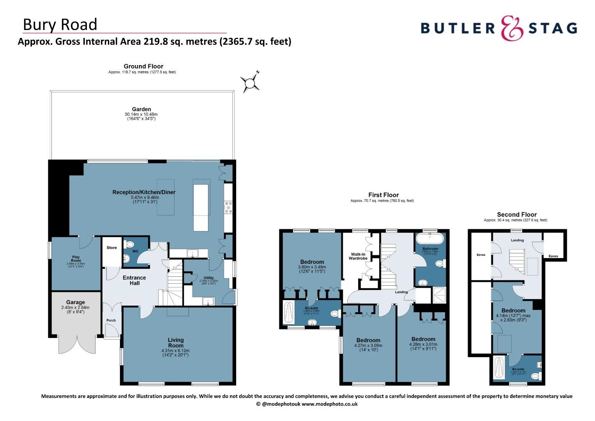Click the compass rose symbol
249,82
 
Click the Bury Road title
60,25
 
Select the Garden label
141,110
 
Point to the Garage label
75,302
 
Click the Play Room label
76,259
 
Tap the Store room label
112,248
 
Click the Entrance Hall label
134,280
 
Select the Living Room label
176,343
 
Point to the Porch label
111,320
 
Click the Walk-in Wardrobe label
358,256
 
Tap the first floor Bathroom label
430,249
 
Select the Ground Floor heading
143,66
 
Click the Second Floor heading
517,214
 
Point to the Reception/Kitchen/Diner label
144,192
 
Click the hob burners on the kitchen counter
228,207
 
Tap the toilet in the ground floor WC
130,244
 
